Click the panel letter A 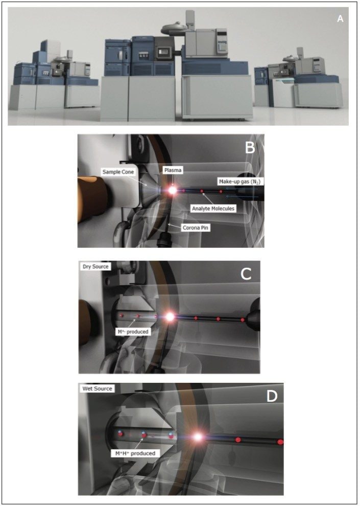340,19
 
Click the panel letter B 250,149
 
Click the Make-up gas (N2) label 236,182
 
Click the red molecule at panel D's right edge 280,441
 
